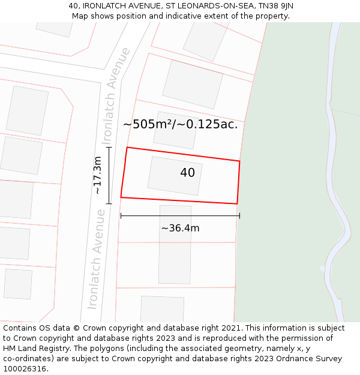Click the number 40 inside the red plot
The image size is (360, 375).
point(187,173)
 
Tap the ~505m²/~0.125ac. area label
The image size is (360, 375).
point(180,125)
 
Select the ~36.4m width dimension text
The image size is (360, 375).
point(180,228)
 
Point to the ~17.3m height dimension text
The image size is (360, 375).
point(97,175)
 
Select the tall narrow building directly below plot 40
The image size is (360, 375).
point(175,244)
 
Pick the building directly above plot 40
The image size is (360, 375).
point(175,130)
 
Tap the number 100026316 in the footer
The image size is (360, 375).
point(23,369)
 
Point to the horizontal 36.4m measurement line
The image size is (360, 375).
point(180,215)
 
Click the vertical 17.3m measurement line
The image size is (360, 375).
point(109,175)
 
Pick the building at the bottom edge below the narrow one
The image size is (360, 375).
point(162,308)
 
